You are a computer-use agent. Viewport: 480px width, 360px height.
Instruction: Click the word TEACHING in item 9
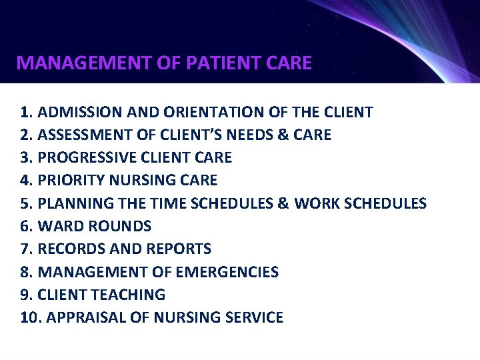point(133,295)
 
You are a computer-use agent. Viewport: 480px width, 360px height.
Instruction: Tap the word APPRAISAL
point(79,317)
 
